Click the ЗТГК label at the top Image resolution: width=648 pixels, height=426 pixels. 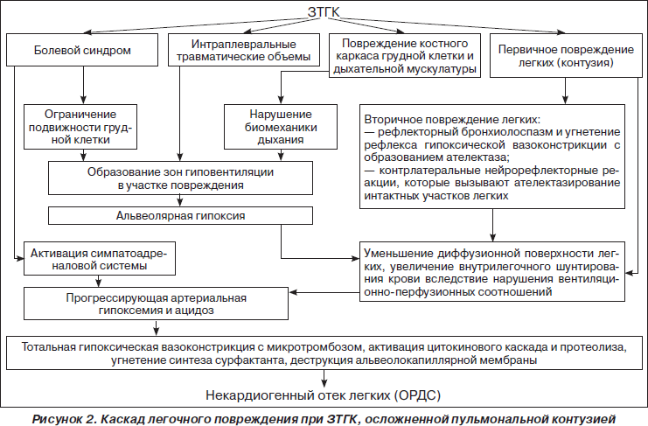(324, 12)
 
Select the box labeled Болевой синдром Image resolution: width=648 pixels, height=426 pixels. (82, 50)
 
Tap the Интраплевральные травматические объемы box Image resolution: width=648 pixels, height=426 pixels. (244, 50)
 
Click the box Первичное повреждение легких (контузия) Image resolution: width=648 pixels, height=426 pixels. (566, 56)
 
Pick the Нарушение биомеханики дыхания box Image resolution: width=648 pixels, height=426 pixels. (281, 127)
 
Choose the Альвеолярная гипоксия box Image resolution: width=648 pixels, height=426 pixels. (181, 216)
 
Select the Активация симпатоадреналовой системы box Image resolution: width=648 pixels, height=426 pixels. (100, 259)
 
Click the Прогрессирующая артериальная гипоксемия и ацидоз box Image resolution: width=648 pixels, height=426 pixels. (156, 304)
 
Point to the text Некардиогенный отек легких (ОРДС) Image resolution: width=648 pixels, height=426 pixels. (324, 395)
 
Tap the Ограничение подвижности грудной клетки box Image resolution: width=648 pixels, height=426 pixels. (80, 127)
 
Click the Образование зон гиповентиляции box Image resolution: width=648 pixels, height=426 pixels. (181, 178)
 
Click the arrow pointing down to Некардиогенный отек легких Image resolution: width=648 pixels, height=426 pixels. (324, 378)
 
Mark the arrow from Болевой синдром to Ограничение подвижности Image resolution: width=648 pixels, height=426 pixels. (83, 85)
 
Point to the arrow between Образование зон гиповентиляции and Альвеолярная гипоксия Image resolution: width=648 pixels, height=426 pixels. (180, 201)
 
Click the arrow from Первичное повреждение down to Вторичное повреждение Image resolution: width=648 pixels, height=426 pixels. (565, 91)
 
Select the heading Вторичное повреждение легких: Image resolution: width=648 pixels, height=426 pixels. (452, 120)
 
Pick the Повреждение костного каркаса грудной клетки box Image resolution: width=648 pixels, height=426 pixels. (405, 56)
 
